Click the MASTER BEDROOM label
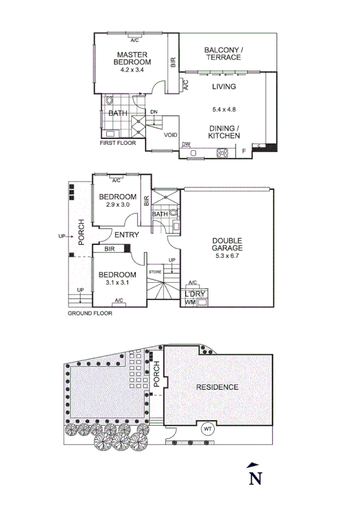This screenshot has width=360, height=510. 133,58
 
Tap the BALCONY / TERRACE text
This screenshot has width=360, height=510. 223,54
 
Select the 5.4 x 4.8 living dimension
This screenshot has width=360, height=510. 224,109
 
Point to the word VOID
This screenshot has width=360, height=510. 171,135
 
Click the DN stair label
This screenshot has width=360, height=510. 154,112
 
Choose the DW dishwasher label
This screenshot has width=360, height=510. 186,144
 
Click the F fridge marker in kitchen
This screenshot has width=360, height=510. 243,151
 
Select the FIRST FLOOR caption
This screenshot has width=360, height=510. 118,144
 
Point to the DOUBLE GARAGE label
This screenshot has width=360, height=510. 227,244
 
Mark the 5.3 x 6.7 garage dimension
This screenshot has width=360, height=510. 227,255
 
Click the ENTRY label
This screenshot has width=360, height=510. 127,235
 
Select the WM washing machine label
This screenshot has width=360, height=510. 190,301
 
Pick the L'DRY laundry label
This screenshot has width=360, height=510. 195,293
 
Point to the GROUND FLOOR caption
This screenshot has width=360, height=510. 90,313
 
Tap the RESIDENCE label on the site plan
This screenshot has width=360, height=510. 218,387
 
